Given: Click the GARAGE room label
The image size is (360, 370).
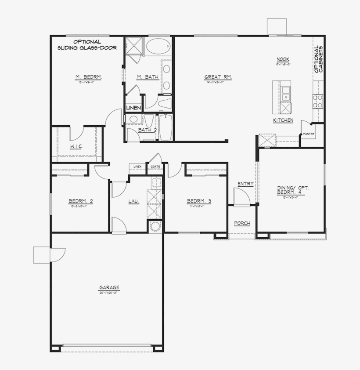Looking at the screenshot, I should pyautogui.click(x=109, y=288).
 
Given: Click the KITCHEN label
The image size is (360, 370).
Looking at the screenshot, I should pyautogui.click(x=283, y=120).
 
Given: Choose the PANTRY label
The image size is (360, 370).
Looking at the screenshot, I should pyautogui.click(x=309, y=134).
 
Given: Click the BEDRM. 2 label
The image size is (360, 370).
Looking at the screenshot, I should pyautogui.click(x=80, y=201).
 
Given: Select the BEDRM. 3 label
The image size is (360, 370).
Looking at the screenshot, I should pyautogui.click(x=199, y=201).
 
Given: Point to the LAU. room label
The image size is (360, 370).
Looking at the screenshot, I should pyautogui.click(x=133, y=201).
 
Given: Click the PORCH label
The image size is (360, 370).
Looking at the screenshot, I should pyautogui.click(x=242, y=223).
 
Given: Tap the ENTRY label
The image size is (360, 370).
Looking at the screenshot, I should pyautogui.click(x=245, y=184).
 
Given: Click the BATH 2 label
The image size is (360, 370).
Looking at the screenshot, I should pyautogui.click(x=148, y=130).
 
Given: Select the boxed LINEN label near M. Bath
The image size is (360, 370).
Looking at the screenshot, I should pyautogui.click(x=133, y=108).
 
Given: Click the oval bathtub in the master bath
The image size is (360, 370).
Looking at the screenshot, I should pyautogui.click(x=157, y=46).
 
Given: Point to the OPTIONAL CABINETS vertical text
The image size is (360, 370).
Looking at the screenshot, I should pyautogui.click(x=319, y=59).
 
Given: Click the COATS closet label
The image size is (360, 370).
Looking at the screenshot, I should pyautogui.click(x=155, y=167).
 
